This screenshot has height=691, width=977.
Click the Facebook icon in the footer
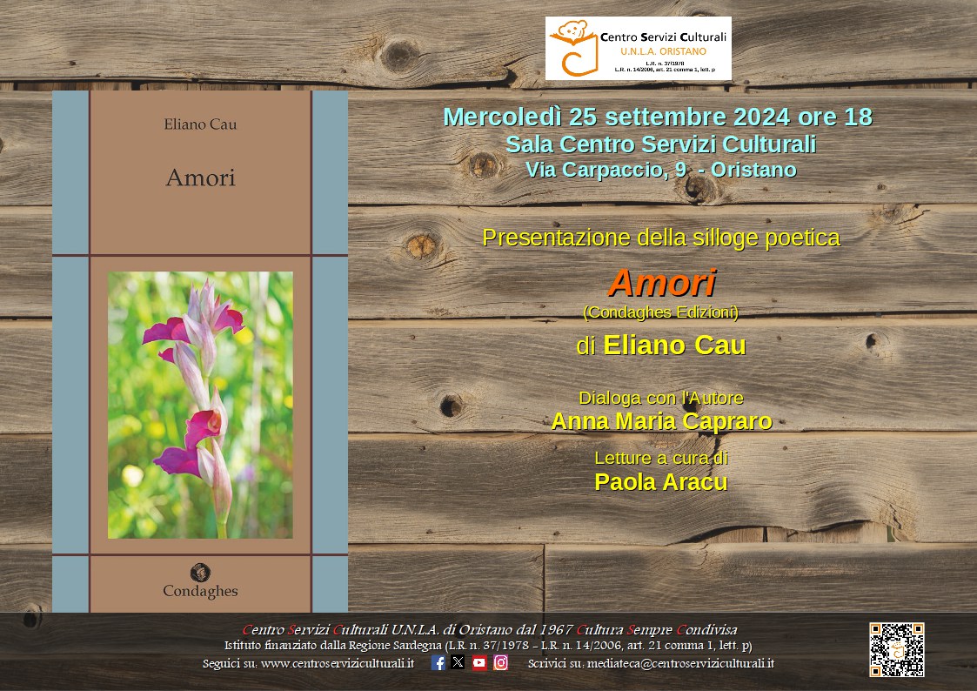click(438, 662)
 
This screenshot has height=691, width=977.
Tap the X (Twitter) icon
click(458, 662)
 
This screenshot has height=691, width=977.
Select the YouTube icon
click(479, 662)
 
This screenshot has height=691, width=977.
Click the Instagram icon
click(501, 662)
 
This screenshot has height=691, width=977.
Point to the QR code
click(897, 650)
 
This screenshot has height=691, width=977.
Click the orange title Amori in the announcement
click(662, 283)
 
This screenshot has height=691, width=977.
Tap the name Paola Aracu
click(661, 481)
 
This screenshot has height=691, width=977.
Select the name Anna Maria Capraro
click(662, 421)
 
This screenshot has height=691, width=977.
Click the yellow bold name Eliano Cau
click(674, 345)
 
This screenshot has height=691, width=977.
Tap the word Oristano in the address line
click(753, 170)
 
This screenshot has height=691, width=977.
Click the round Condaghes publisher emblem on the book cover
click(200, 572)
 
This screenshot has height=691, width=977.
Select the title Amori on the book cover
click(201, 178)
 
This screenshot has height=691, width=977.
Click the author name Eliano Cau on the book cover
click(201, 124)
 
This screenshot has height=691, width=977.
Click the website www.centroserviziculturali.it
click(337, 663)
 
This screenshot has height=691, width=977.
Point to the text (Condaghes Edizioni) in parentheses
click(661, 312)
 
